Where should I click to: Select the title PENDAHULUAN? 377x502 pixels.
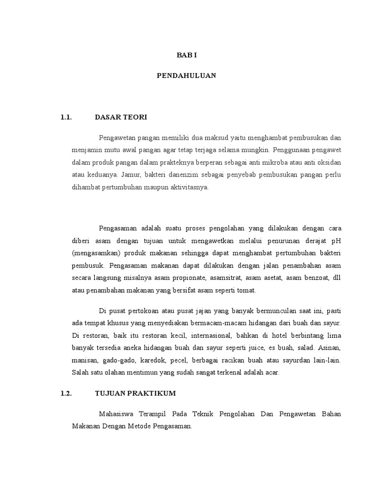coord(187,76)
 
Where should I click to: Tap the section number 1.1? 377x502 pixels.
coord(66,117)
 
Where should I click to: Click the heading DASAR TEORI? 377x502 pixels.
coord(121,117)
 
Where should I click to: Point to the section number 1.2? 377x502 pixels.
coord(66,394)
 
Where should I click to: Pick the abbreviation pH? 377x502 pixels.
coord(336,240)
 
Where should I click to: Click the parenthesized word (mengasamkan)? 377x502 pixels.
coord(95,253)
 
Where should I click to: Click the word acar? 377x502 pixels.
coord(271,373)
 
